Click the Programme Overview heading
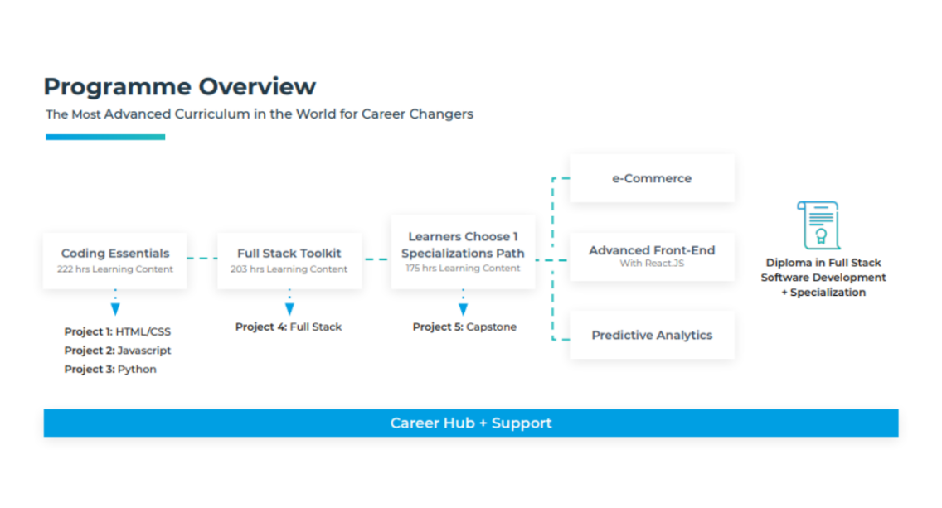(180, 87)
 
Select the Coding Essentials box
(115, 260)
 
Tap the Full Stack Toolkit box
(289, 260)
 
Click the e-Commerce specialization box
(652, 178)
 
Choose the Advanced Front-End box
(652, 256)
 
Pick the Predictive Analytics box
(652, 335)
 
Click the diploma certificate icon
(818, 225)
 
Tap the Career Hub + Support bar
(471, 423)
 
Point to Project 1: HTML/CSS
(117, 331)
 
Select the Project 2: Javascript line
(117, 350)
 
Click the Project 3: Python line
(110, 370)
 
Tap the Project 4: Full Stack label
(289, 327)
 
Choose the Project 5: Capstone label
(464, 327)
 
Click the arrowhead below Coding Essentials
(115, 309)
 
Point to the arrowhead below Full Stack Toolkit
(289, 309)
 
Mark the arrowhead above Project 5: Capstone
(464, 309)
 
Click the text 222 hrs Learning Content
(115, 269)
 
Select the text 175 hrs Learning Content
(463, 268)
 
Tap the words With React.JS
(652, 263)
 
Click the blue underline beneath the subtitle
(105, 137)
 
